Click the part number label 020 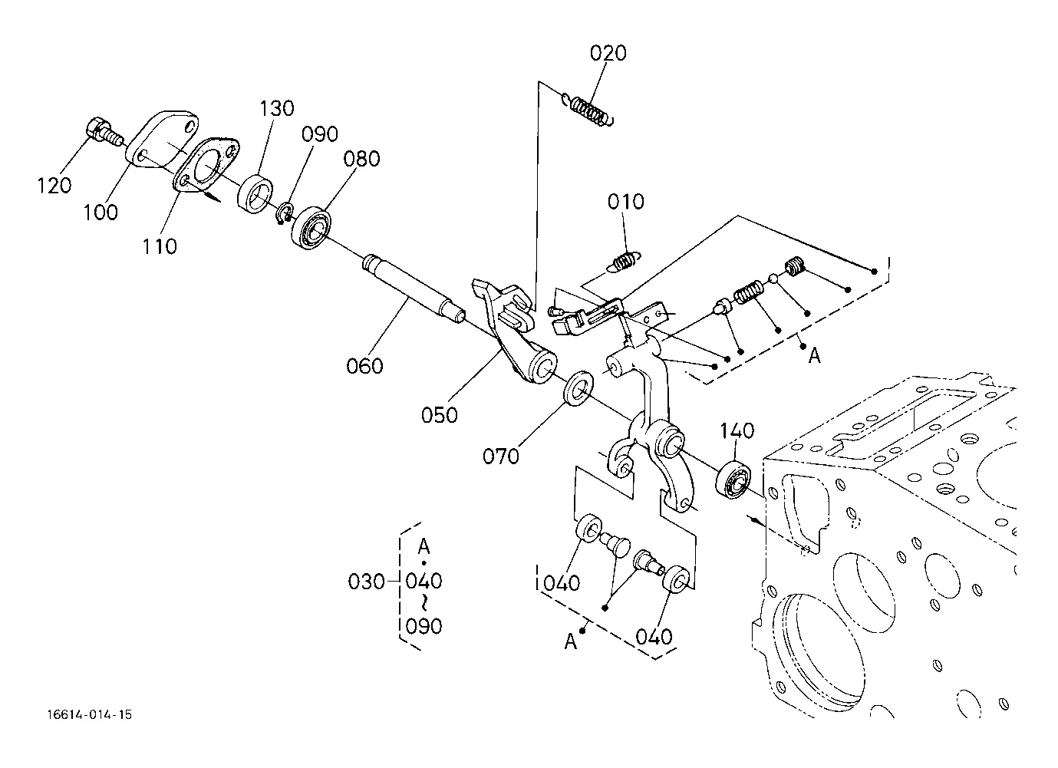608,53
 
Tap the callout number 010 625,202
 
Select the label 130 277,109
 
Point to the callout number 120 54,186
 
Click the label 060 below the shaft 364,366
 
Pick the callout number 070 501,457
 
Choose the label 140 737,430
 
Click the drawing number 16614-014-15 89,714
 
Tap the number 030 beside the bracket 366,582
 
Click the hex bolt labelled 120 103,131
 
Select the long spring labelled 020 588,110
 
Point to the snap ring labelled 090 285,213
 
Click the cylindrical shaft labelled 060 414,289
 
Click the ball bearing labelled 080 311,228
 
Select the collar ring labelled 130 255,193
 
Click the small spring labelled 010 622,262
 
